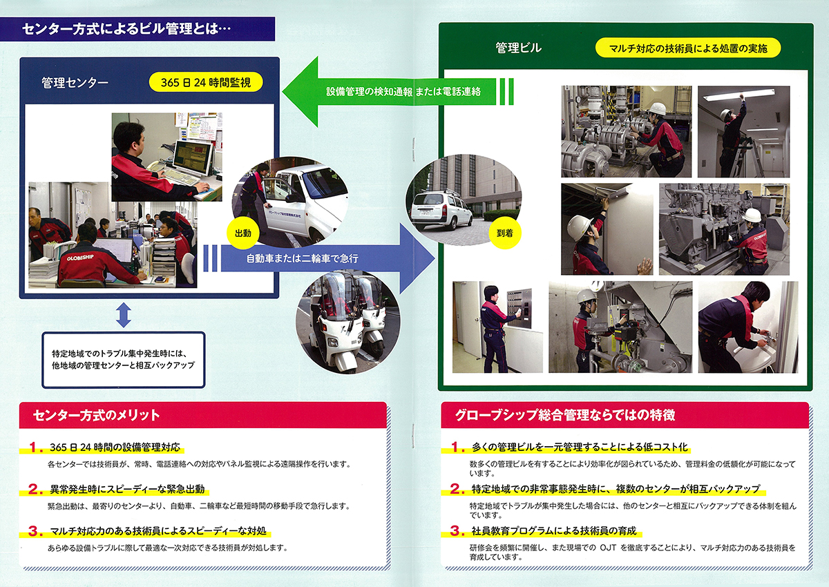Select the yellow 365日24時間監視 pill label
coord(206,83)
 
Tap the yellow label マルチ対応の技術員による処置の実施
coord(687,48)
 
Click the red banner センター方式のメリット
coord(97,415)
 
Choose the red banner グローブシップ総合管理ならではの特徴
coord(565,415)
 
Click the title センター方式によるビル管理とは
coord(125,29)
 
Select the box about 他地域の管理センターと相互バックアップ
coord(123,358)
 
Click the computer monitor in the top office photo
coord(191,157)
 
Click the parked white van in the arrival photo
coord(435,209)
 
